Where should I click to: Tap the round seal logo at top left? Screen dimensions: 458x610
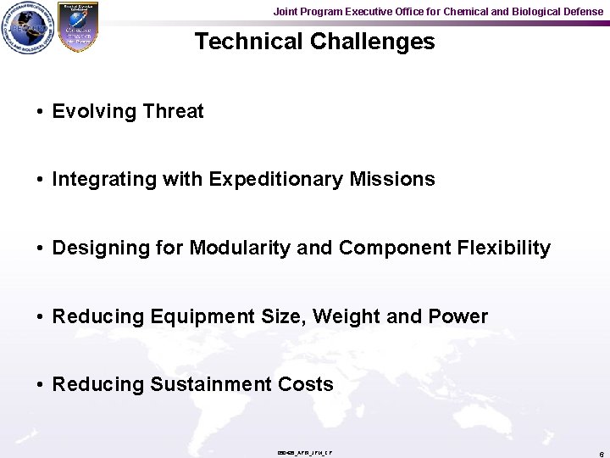pos(28,28)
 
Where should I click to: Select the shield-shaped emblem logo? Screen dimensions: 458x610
pos(77,27)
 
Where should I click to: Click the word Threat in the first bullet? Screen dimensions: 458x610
pos(174,111)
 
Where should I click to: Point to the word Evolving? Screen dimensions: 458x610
pos(94,111)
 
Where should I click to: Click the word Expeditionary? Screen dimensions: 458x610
pos(276,180)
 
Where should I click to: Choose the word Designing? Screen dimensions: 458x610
pos(100,249)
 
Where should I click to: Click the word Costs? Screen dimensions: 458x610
pos(306,385)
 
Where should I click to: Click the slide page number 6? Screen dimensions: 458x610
pos(600,454)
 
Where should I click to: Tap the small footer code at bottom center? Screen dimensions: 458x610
pos(304,453)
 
